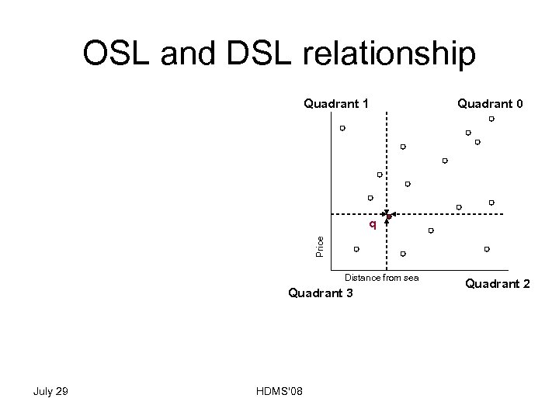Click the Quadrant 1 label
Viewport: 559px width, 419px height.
(335, 103)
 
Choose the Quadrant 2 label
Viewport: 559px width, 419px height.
(497, 284)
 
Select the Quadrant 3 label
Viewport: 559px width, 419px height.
(320, 293)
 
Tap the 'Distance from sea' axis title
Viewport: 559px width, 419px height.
(381, 278)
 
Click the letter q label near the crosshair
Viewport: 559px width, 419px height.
(373, 225)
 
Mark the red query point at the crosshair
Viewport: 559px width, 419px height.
(387, 215)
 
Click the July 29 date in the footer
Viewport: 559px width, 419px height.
(51, 391)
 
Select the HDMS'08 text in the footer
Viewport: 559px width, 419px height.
(279, 391)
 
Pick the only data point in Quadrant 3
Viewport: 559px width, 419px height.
(356, 249)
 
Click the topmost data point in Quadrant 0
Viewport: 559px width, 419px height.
(491, 119)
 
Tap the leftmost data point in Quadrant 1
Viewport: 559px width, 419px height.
(342, 128)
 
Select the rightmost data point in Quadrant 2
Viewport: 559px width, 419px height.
(487, 249)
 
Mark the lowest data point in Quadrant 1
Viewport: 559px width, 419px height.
(370, 198)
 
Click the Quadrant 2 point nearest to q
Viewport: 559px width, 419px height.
(403, 254)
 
